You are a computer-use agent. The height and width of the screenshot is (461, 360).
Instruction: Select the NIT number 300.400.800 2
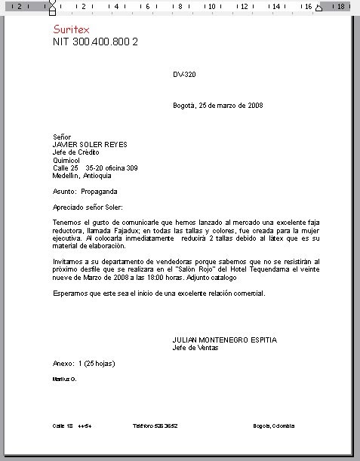(x=95, y=41)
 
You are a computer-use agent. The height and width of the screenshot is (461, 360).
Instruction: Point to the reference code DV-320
(x=184, y=75)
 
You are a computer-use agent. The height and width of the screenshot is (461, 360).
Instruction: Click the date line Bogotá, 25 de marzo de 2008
(x=217, y=106)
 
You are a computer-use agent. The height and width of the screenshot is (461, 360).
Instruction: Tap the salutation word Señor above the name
(x=61, y=137)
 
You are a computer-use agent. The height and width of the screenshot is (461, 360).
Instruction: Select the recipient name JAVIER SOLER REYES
(x=90, y=145)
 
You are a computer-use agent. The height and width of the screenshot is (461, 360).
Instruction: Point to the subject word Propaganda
(x=98, y=192)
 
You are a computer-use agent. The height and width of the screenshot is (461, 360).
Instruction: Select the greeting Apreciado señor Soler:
(x=88, y=207)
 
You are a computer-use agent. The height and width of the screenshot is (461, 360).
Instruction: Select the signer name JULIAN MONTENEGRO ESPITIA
(x=224, y=340)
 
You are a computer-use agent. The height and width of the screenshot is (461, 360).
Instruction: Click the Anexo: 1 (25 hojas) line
(x=84, y=364)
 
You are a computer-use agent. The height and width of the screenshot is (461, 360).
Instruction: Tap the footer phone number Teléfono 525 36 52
(x=155, y=426)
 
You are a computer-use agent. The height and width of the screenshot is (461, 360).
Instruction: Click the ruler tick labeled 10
(x=212, y=6)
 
